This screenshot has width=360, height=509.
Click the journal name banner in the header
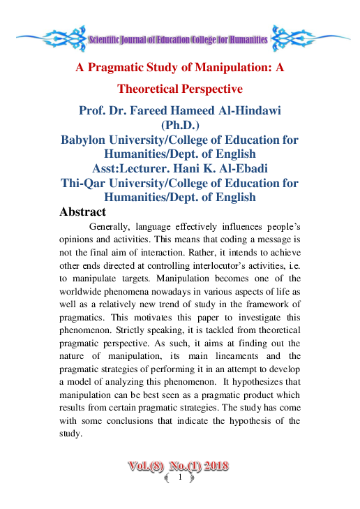click(x=179, y=40)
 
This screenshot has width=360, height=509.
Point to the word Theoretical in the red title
click(x=151, y=89)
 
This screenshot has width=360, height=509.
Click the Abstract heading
click(x=83, y=212)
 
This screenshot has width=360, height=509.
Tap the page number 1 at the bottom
click(x=180, y=478)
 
